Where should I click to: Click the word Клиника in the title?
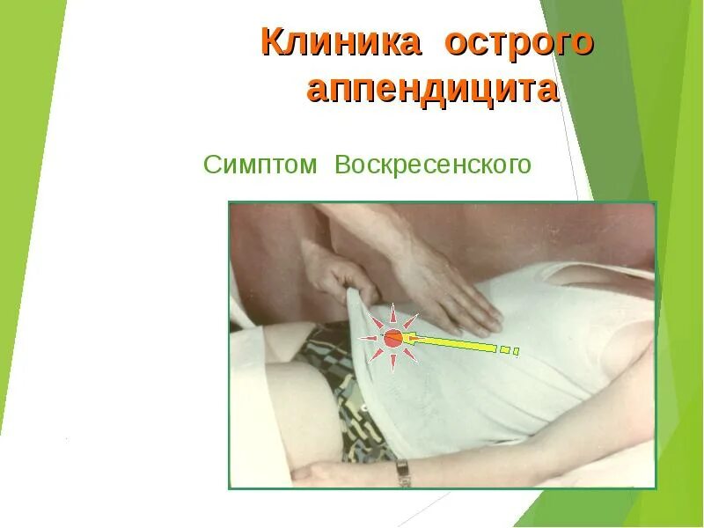[340, 43]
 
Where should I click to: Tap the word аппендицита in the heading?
[432, 90]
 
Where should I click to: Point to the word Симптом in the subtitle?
[260, 165]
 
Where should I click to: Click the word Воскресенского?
[432, 165]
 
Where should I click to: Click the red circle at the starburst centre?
[393, 337]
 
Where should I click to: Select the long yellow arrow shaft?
[452, 343]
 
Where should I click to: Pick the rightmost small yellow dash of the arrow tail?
[517, 352]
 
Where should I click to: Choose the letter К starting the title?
[273, 43]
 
